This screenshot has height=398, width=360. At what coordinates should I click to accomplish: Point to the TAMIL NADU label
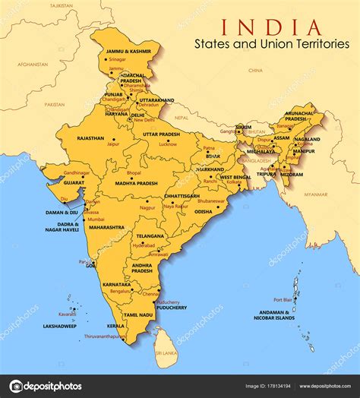coord(138,314)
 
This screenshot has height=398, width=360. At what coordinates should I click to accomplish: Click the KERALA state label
coord(115,325)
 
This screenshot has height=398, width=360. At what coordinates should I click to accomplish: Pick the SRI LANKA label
coord(166,354)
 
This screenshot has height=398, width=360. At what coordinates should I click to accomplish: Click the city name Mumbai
coord(96,218)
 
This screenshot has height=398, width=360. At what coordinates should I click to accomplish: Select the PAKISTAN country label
coord(55,104)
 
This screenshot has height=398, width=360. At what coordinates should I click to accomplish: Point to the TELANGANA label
coord(150,235)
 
